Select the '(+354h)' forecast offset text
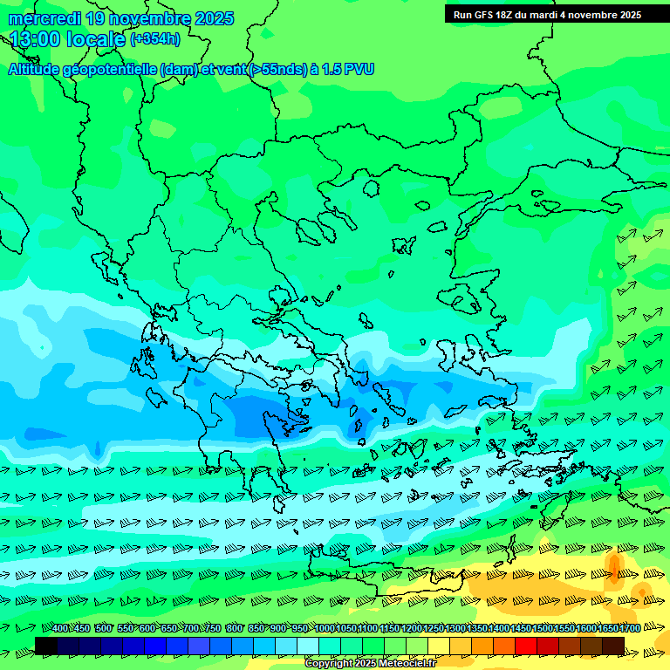coord(155,38)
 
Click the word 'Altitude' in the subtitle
coord(38,69)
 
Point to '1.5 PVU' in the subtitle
coord(348,69)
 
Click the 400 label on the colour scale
coord(60,628)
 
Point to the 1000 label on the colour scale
coord(325,628)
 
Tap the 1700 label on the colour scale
coord(630,628)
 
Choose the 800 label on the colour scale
coord(235,628)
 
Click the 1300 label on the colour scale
coord(455,628)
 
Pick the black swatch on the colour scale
coord(46,646)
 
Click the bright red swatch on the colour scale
coord(526,646)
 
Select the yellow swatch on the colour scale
coord(439,646)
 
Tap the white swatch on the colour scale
coord(308,646)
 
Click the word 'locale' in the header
coord(93,38)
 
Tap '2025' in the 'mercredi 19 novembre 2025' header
coord(214,18)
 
